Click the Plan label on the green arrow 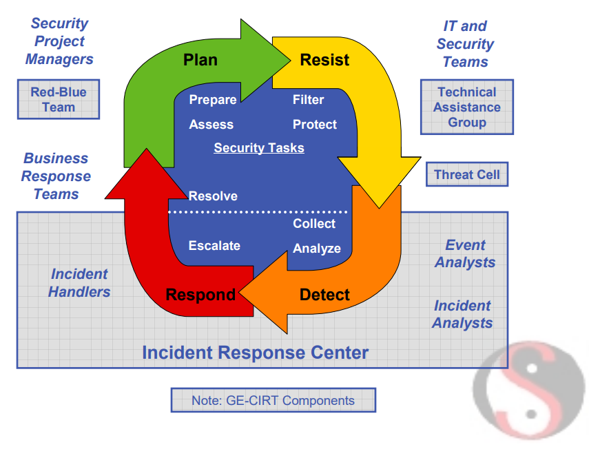[200, 60]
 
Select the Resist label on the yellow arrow [324, 60]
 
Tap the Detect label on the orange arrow [324, 295]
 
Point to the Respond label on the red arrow [200, 295]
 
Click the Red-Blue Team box [59, 99]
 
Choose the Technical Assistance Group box [467, 107]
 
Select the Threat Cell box [467, 174]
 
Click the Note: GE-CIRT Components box [273, 400]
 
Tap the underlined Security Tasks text [259, 148]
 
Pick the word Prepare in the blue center [213, 100]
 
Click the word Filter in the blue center [308, 100]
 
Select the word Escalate [214, 246]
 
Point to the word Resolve [213, 196]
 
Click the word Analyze [317, 249]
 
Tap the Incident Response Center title [256, 353]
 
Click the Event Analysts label [465, 253]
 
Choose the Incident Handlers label [79, 283]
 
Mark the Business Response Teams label [56, 176]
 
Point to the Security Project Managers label [59, 41]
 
